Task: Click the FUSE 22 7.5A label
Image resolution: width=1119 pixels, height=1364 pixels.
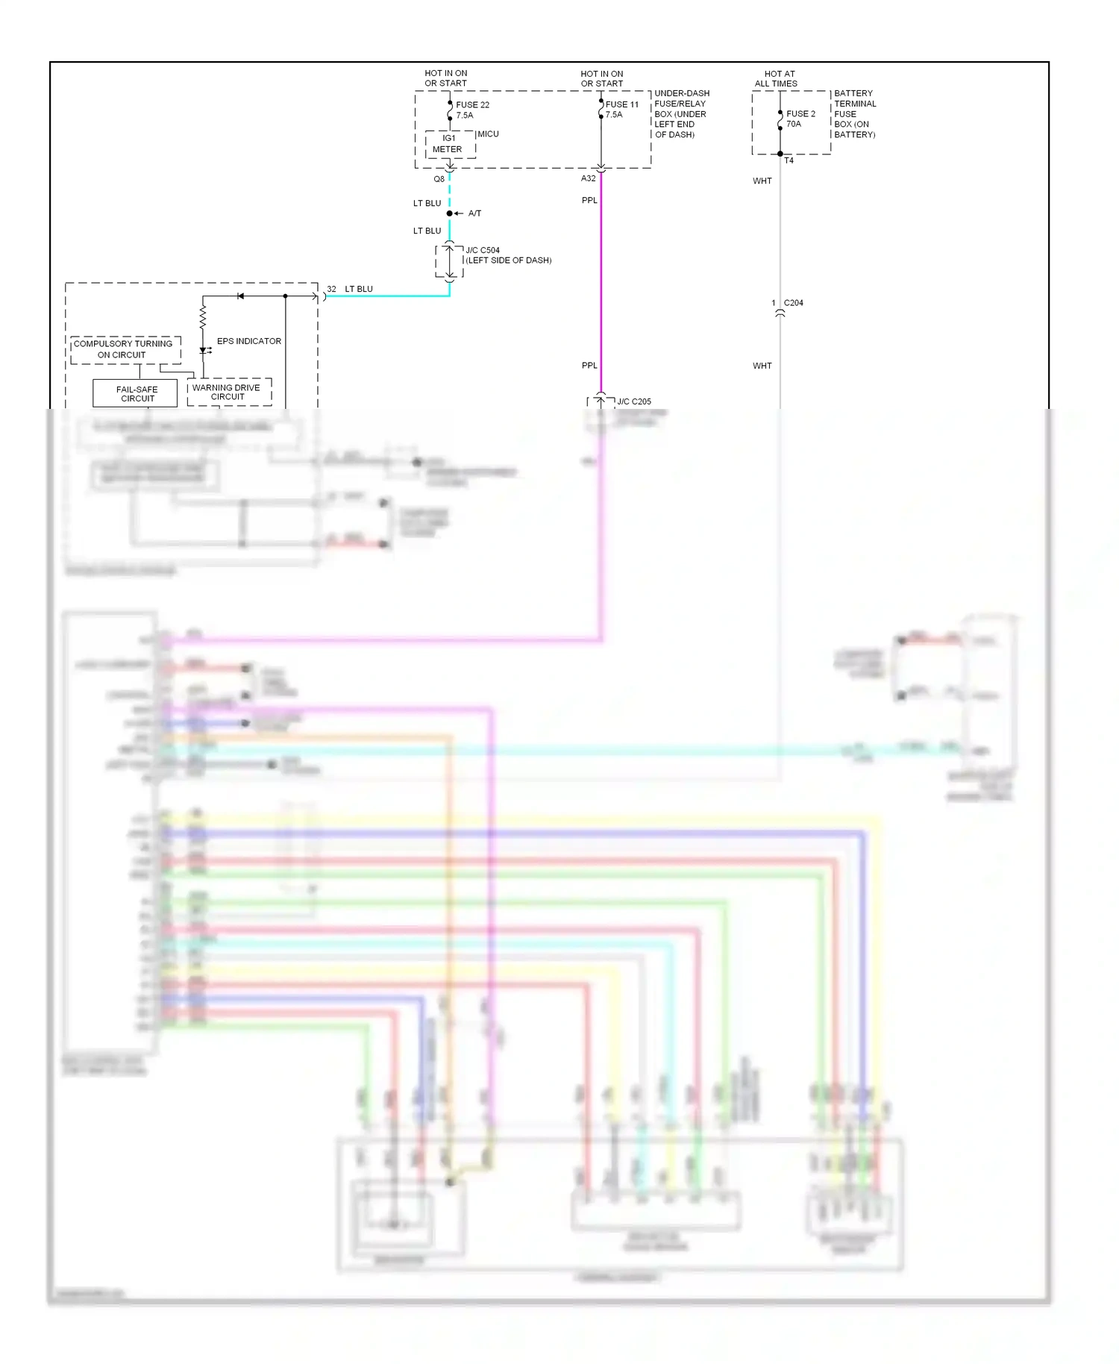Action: [472, 110]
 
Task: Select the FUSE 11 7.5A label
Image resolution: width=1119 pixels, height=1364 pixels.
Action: [621, 109]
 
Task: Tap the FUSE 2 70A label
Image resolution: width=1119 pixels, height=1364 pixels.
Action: [800, 119]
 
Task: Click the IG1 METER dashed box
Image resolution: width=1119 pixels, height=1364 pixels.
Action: [450, 144]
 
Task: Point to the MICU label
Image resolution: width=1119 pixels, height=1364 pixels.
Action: [488, 134]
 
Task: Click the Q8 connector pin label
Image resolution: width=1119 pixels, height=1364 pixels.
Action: [439, 179]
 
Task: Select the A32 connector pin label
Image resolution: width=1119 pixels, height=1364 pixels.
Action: [588, 178]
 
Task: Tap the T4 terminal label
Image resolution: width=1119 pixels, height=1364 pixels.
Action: [789, 160]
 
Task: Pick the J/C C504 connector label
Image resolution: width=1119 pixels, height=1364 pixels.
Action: [483, 250]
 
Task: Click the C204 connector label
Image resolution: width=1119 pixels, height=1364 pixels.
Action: [793, 303]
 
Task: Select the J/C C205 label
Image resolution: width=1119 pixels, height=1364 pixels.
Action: [633, 401]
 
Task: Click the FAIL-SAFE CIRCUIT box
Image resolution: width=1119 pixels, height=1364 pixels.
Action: [136, 393]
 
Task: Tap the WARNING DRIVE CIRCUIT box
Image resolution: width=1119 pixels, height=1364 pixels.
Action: [228, 392]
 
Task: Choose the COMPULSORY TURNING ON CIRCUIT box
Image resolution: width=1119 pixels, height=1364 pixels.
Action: [124, 349]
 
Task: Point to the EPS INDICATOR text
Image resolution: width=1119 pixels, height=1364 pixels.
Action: [248, 341]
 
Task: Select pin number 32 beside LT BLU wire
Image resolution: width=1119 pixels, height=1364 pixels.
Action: [331, 289]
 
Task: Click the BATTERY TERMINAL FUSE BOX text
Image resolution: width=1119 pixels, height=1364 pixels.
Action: [854, 114]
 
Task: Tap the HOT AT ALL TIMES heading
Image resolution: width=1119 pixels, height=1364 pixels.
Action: [777, 78]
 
